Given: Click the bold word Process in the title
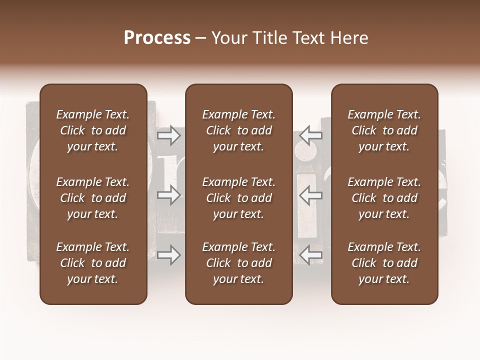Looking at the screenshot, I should coord(157,38).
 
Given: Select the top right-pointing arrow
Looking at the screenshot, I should coord(168,135).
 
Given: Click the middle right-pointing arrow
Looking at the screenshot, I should coord(168,195).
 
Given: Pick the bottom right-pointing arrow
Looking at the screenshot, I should coord(168,255).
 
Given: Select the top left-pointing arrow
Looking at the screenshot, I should coord(311,135).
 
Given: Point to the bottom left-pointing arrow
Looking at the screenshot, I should coord(311,255).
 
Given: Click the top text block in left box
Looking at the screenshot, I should coord(93,130).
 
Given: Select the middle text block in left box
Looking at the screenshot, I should coord(93,198).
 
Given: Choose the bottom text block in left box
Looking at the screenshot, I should coord(93,263).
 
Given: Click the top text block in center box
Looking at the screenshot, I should coord(238,130).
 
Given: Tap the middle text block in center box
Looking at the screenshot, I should coord(238,198).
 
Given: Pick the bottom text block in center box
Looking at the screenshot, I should coord(238,263).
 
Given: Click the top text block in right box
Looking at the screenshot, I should coord(384,130).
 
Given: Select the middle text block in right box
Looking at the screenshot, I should coord(384,198).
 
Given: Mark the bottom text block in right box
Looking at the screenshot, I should coord(384,263).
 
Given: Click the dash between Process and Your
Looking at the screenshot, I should coord(200,38).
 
